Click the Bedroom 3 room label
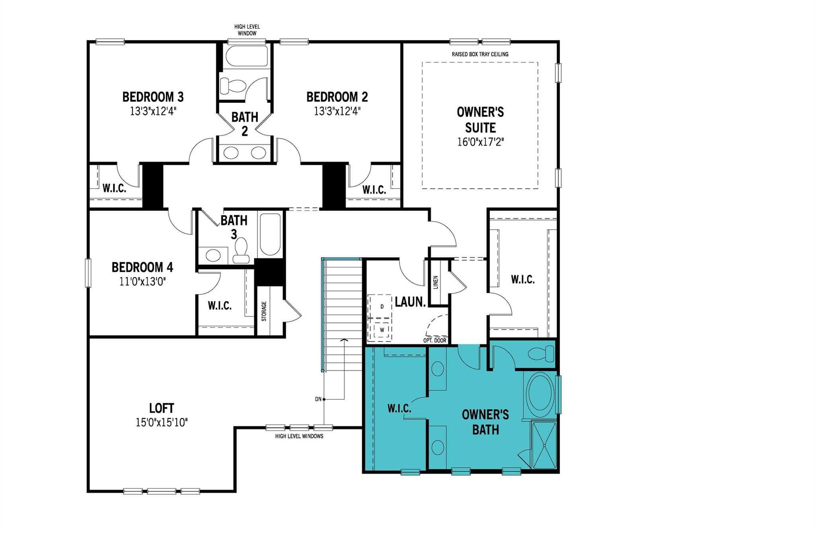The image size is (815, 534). click(x=153, y=97)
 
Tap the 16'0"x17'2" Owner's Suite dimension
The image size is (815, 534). click(x=480, y=142)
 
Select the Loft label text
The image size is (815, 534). click(x=162, y=408)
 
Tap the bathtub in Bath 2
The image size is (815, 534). click(x=247, y=56)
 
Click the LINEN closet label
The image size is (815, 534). click(x=436, y=282)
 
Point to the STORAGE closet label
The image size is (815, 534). click(x=264, y=311)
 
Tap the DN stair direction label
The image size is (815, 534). click(x=318, y=399)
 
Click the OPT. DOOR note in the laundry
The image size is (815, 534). click(x=435, y=341)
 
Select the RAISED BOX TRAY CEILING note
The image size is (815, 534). click(x=480, y=54)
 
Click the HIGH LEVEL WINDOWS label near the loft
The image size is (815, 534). click(x=299, y=436)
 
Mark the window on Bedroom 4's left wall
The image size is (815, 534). click(x=88, y=273)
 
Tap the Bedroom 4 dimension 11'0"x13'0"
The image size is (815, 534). click(x=142, y=282)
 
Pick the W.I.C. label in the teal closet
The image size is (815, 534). click(x=399, y=408)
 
